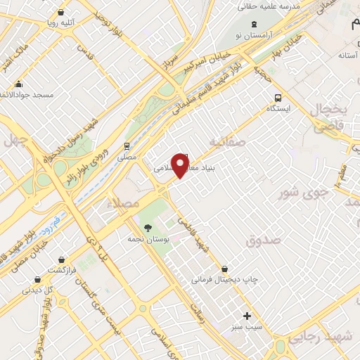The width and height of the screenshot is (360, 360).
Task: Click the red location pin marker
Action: click(181, 166)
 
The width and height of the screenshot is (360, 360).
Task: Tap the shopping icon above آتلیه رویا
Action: click(61, 13)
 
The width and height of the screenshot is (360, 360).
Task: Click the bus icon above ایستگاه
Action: click(278, 98)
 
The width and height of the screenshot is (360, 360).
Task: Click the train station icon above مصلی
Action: click(126, 146)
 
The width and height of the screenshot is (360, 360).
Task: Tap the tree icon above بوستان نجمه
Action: click(148, 226)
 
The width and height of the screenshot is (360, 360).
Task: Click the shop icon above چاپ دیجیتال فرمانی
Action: click(224, 269)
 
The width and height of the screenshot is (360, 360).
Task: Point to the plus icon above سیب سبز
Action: click(246, 316)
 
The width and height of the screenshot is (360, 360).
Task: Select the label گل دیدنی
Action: click(39, 289)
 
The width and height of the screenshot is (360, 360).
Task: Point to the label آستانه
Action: click(349, 55)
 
